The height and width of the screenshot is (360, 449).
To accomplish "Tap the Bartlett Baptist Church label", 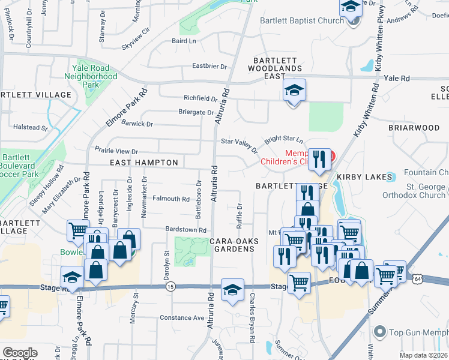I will click(301, 20).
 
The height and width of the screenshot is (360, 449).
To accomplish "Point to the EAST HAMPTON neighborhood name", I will click(144, 163).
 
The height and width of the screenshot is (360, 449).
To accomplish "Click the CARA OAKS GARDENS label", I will click(235, 245).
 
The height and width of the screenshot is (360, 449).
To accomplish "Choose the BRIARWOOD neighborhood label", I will click(414, 128).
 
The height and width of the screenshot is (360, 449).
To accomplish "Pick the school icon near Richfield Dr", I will click(294, 91).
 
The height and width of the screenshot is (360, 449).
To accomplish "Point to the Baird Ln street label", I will click(184, 41).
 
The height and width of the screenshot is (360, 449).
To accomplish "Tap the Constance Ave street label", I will click(182, 317).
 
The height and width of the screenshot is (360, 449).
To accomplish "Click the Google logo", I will click(20, 353).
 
